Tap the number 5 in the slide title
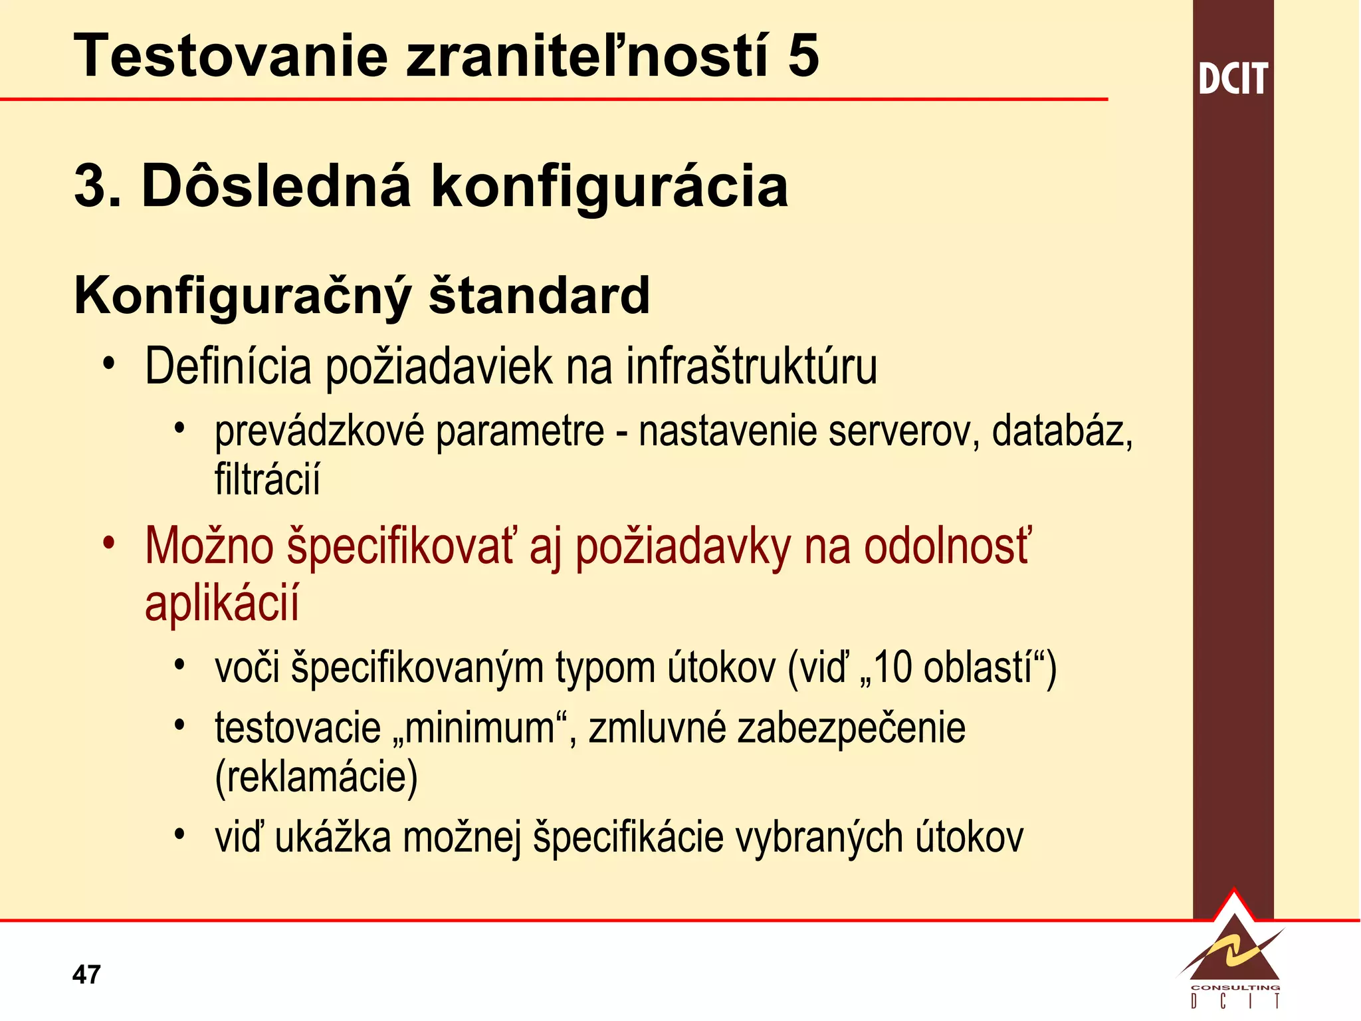803,56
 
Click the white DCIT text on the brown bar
1233,79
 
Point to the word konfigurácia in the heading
609,187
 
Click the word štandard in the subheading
539,296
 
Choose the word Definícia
228,366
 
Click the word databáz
1061,431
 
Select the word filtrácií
267,479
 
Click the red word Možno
209,546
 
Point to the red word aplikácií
222,603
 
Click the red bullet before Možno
110,542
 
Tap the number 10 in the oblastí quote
892,667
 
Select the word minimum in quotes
480,728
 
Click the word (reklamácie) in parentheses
316,776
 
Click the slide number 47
86,974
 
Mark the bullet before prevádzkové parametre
179,428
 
